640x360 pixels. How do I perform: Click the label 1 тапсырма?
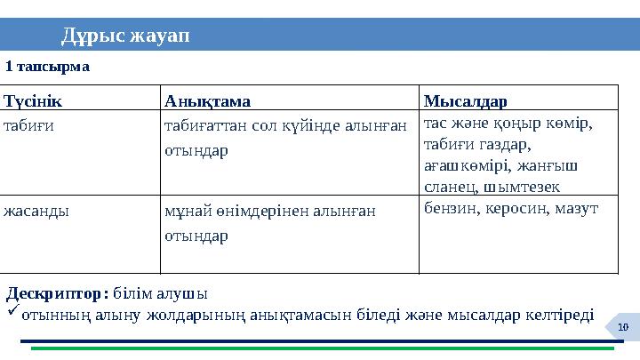48,67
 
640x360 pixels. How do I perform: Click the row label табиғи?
28,125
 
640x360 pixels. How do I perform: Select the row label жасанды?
36,212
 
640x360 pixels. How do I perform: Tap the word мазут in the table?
579,208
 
